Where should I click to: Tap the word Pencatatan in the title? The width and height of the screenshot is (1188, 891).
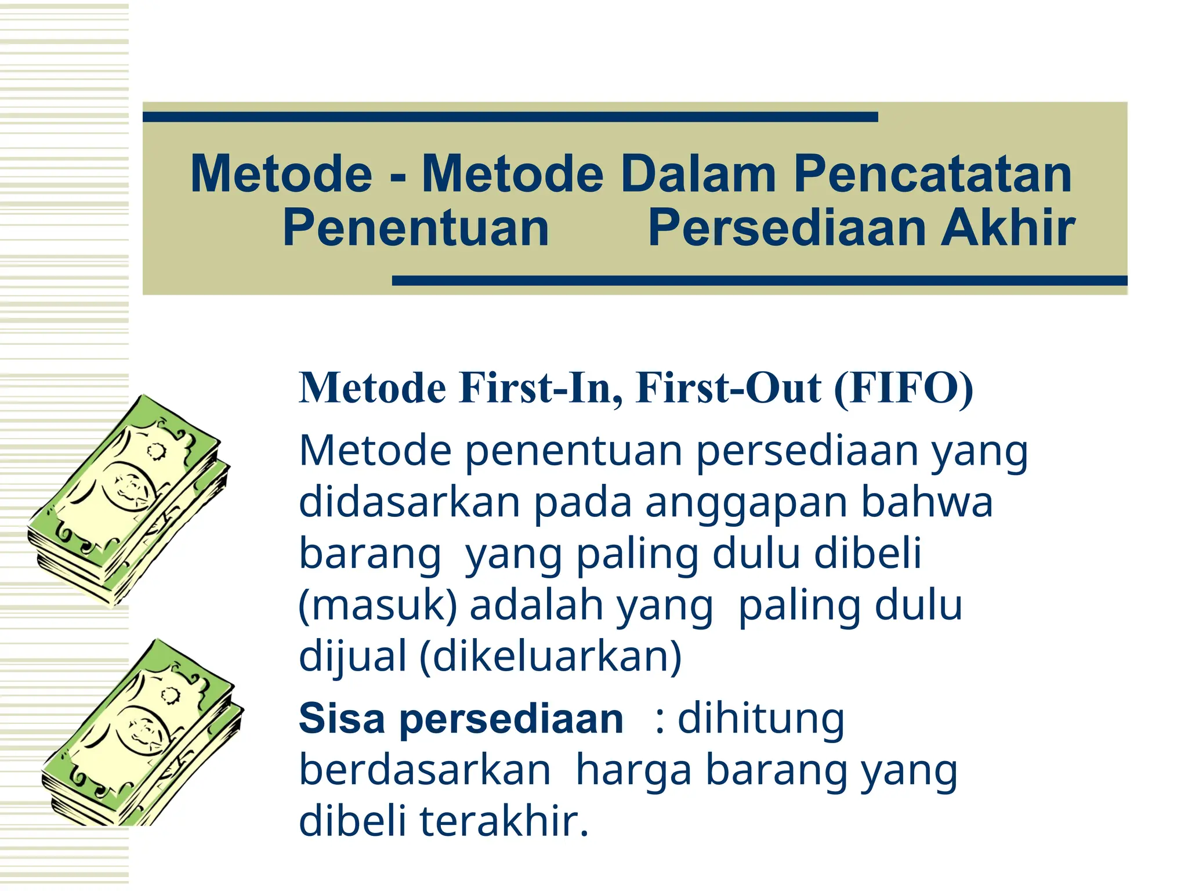tap(932, 173)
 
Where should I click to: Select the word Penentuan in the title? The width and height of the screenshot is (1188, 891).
tap(415, 227)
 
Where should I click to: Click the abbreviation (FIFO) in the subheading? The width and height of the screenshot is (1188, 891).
tap(903, 387)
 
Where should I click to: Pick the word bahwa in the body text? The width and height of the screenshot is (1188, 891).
tap(926, 502)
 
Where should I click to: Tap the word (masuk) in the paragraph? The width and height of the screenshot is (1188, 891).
tap(378, 606)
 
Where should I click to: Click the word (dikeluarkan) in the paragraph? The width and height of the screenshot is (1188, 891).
tap(550, 657)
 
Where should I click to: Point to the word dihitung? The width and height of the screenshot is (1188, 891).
tap(760, 719)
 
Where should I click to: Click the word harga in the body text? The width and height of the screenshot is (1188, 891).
tap(633, 770)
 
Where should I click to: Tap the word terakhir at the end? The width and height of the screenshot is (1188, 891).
tap(504, 821)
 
